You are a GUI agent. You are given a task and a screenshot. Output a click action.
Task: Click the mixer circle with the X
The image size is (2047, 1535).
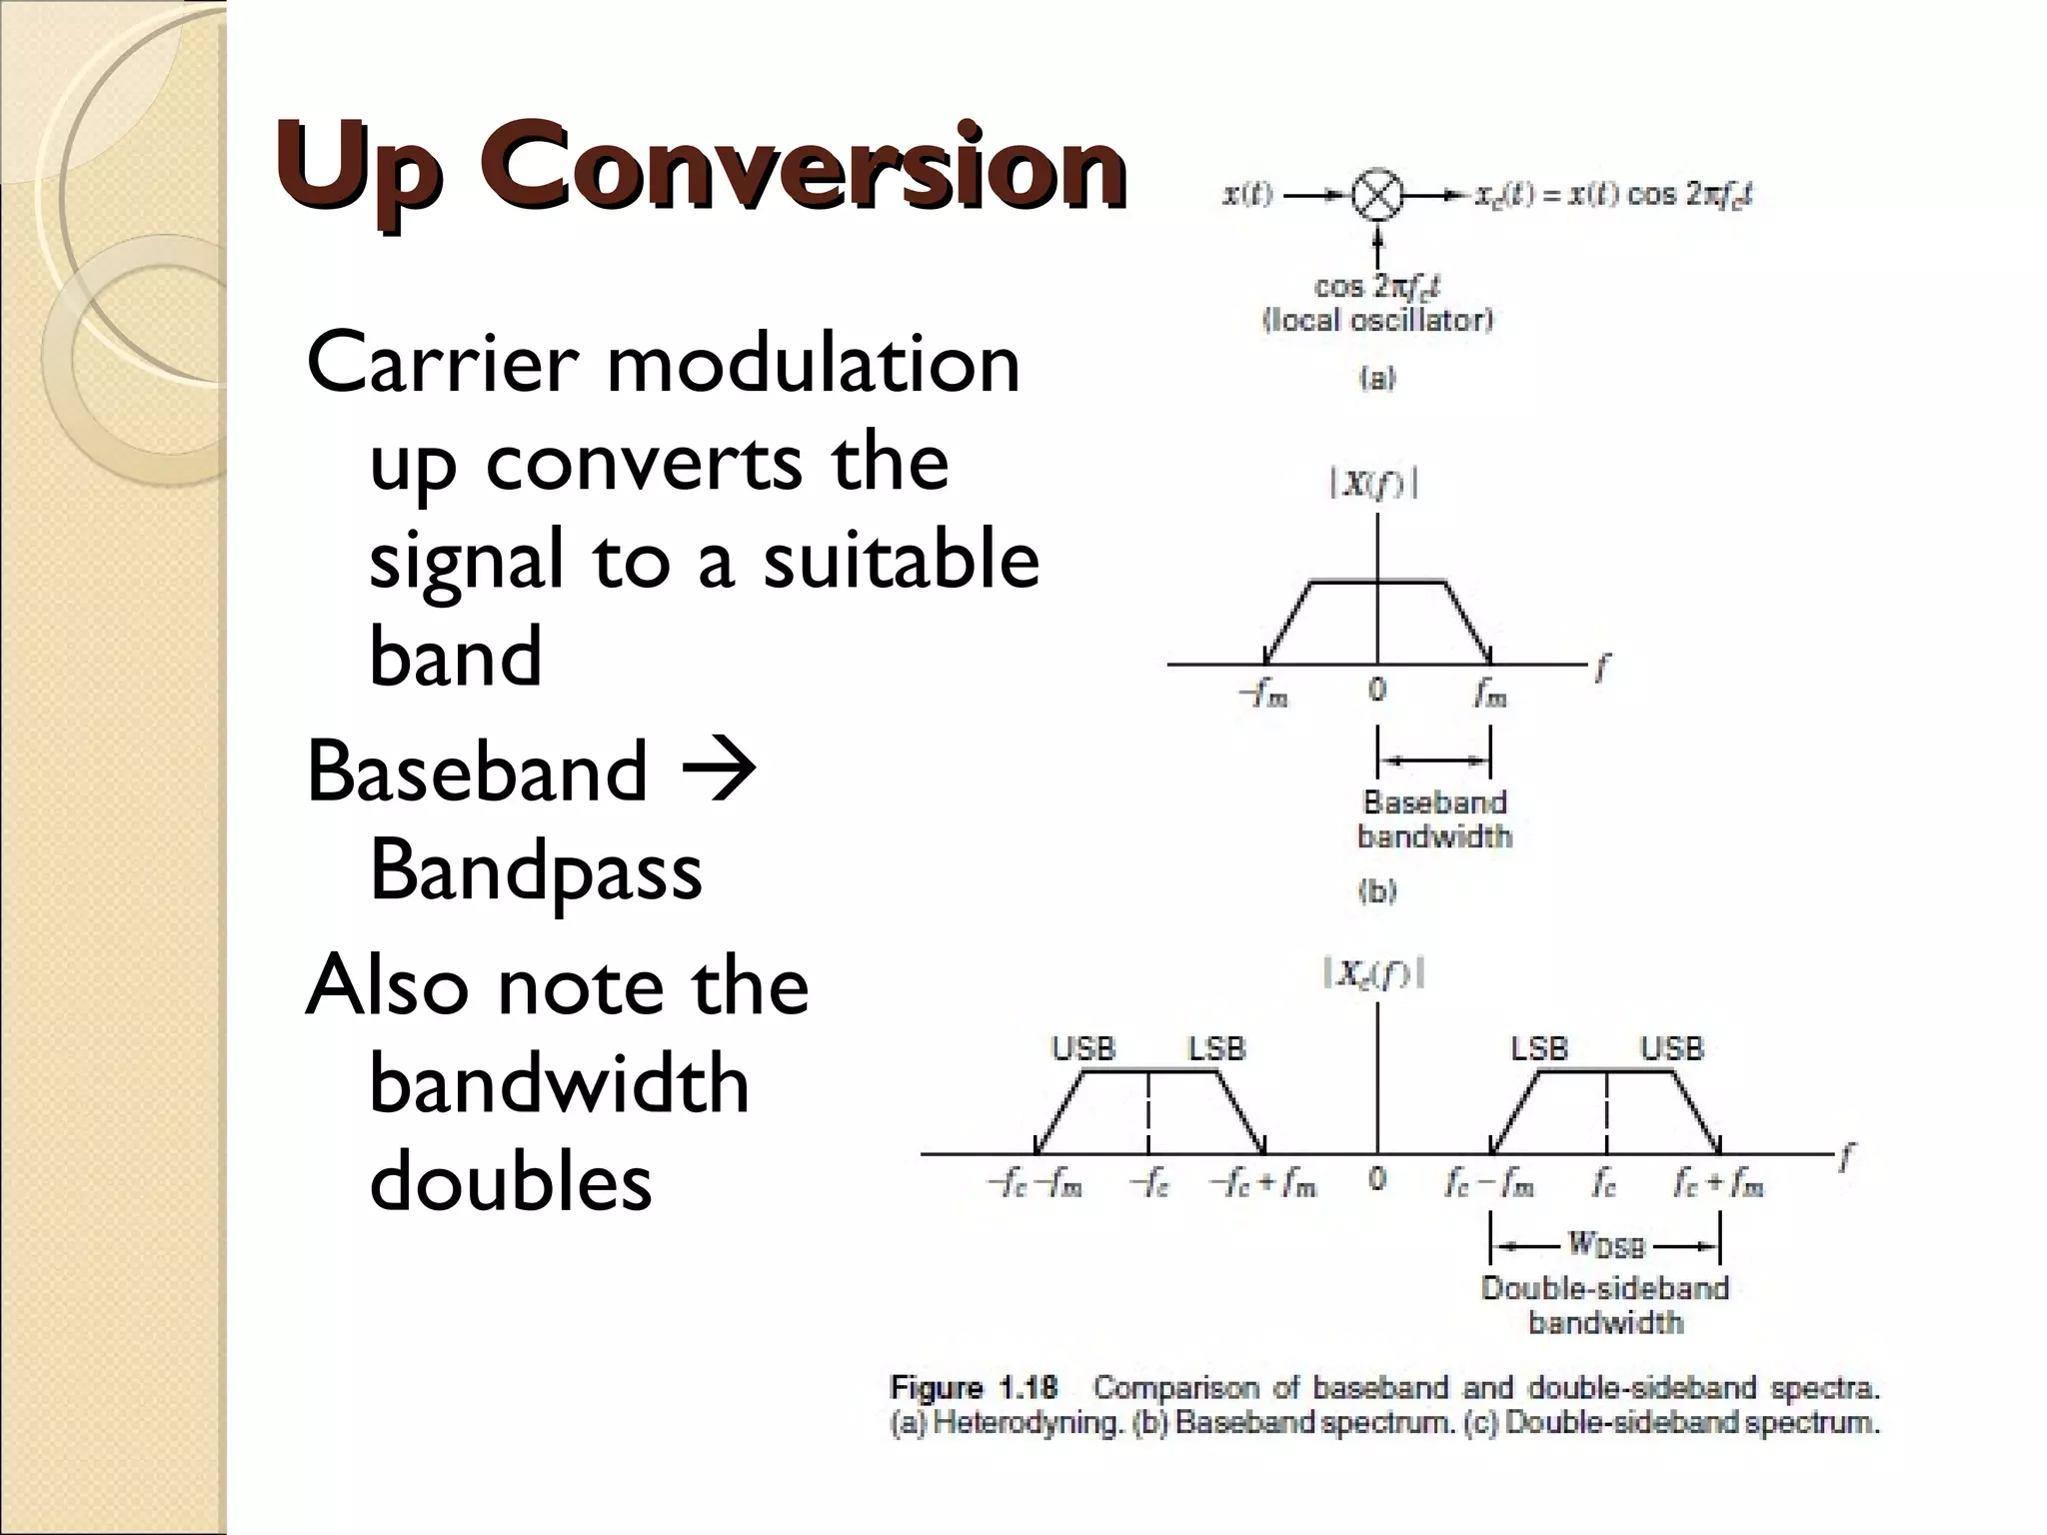click(x=1377, y=196)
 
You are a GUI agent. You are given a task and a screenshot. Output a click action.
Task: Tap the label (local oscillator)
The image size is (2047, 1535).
click(x=1377, y=321)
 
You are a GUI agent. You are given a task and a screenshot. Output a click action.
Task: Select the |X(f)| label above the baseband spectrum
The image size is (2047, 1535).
click(x=1374, y=486)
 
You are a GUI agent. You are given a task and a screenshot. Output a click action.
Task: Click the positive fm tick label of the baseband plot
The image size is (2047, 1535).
click(x=1490, y=693)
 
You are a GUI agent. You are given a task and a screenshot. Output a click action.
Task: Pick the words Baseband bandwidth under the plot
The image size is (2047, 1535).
click(x=1434, y=819)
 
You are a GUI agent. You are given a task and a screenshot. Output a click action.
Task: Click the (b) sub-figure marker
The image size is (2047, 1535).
click(x=1376, y=891)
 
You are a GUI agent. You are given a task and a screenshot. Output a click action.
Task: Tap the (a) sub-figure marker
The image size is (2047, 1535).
click(x=1376, y=379)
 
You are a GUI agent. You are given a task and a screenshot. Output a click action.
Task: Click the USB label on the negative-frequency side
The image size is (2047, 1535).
click(x=1082, y=1048)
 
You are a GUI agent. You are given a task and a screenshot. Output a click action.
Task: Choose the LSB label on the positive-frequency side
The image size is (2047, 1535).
click(x=1539, y=1048)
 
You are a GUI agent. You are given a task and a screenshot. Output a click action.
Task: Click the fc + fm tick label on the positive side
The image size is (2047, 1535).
click(x=1719, y=1184)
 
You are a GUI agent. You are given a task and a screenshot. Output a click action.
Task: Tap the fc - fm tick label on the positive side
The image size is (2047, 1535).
click(x=1489, y=1184)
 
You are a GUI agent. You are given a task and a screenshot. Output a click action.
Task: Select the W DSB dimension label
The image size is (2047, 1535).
click(x=1605, y=1244)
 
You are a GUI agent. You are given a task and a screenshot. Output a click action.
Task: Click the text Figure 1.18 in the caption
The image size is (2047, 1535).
click(x=974, y=1388)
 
